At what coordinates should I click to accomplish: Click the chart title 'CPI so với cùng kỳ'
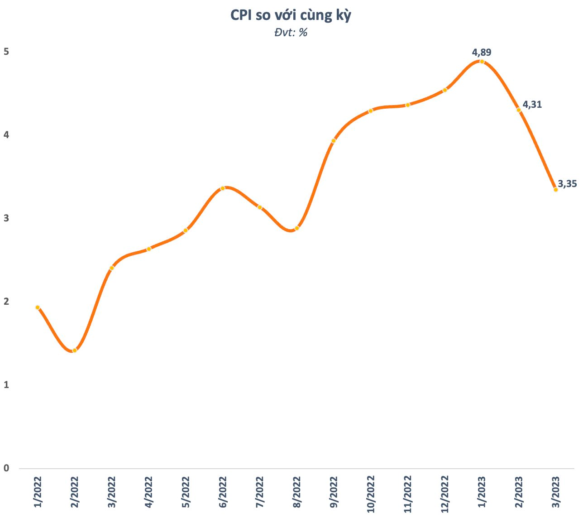(291, 15)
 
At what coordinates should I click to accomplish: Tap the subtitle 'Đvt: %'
(291, 33)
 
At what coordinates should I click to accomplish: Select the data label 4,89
(481, 53)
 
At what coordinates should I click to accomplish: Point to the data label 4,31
(532, 105)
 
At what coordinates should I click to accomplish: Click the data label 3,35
(567, 184)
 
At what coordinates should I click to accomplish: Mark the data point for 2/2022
(75, 350)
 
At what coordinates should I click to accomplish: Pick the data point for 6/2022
(223, 188)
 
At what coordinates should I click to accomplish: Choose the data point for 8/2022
(296, 228)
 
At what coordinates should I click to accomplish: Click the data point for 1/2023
(482, 62)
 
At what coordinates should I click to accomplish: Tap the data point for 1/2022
(38, 307)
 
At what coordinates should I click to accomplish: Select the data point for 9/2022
(334, 141)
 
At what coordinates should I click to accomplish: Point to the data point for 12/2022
(444, 90)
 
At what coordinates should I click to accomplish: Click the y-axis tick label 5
(6, 52)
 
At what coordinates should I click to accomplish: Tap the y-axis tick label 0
(6, 468)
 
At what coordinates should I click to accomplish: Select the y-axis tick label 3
(6, 218)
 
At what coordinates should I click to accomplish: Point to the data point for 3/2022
(112, 268)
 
